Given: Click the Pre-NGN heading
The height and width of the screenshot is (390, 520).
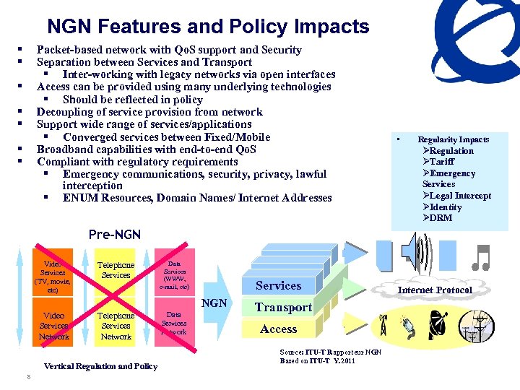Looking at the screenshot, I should (x=114, y=235).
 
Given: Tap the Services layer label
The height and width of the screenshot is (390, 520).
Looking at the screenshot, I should (x=278, y=285).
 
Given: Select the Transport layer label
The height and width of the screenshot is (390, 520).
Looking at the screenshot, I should (x=283, y=307).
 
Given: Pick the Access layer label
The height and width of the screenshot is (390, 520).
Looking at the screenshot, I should (x=278, y=329).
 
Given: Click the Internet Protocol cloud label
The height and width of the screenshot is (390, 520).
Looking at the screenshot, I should (x=435, y=290).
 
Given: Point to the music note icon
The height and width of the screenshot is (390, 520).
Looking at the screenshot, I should (x=480, y=257).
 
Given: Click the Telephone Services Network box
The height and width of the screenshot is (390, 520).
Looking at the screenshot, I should (x=116, y=326).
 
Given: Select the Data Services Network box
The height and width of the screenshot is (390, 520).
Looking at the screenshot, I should (x=174, y=323).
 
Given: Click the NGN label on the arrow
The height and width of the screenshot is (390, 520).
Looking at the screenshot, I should (x=214, y=303).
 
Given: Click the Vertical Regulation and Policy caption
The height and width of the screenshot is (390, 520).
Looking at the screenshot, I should (x=100, y=366).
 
